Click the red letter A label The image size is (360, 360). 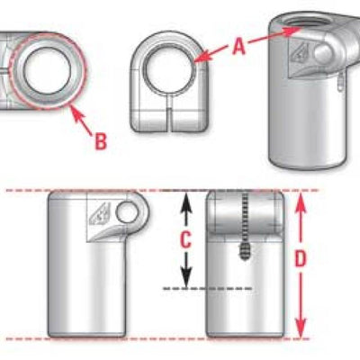tap(239, 47)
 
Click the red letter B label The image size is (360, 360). tap(101, 141)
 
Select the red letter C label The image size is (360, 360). tap(185, 239)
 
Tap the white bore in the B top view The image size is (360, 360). tap(47, 71)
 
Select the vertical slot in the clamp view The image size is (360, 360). tap(169, 113)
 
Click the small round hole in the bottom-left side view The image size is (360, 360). tap(127, 212)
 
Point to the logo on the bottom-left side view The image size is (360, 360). tap(100, 214)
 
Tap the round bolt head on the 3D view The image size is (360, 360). tap(324, 53)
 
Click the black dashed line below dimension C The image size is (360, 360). tap(207, 289)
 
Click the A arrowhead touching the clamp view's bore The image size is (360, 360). tap(201, 58)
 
